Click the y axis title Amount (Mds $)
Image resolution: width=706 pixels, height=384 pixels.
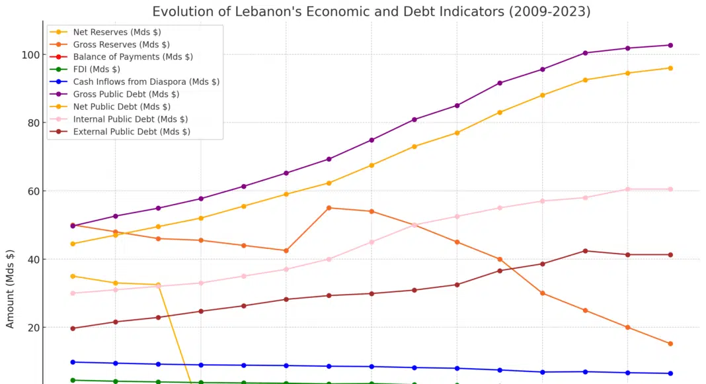[11, 289]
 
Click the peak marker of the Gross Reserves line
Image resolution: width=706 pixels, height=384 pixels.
[329, 208]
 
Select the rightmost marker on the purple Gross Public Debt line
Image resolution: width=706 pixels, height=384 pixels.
[670, 45]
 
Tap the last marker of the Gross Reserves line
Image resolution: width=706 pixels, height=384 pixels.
[670, 344]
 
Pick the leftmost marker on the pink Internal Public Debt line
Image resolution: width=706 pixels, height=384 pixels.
[73, 293]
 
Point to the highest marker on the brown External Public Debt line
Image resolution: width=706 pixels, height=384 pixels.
[585, 251]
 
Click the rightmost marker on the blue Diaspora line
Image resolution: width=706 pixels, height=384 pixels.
[670, 373]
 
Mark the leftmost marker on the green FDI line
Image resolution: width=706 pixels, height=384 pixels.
[73, 380]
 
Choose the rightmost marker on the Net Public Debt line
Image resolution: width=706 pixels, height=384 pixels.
[670, 68]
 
